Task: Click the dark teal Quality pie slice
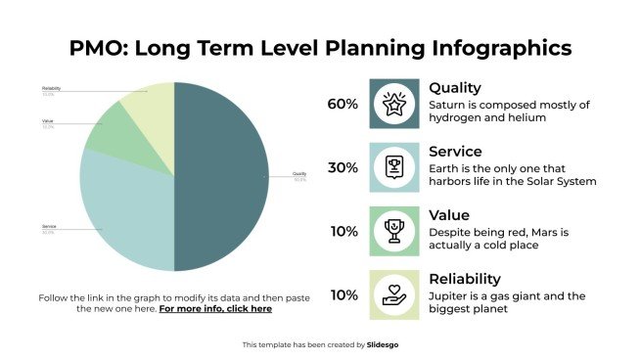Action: [220, 176]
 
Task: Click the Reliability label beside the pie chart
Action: [52, 88]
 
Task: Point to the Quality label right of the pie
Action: [299, 174]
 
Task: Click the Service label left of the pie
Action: [49, 227]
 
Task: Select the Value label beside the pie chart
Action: [48, 120]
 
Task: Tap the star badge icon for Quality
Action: [393, 104]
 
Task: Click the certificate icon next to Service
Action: [393, 167]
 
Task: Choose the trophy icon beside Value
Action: [393, 231]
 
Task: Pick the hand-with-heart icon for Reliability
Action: [393, 294]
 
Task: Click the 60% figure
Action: [343, 104]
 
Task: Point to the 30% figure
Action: [343, 167]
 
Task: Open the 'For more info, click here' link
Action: [215, 308]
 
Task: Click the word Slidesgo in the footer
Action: [384, 344]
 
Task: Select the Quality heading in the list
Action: [455, 88]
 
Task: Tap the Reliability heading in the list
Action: [465, 279]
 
